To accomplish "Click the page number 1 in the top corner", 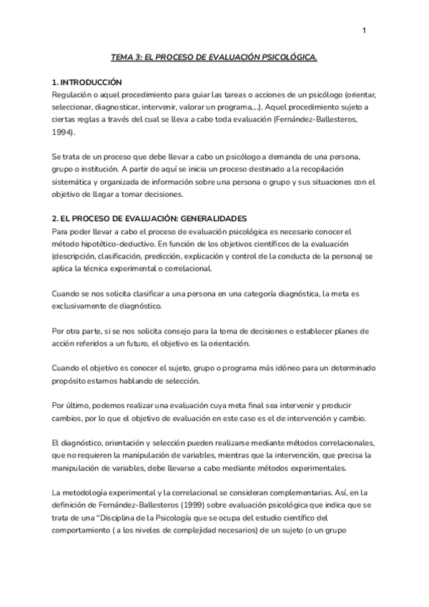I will (x=365, y=30).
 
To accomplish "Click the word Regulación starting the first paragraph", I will (x=75, y=94).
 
